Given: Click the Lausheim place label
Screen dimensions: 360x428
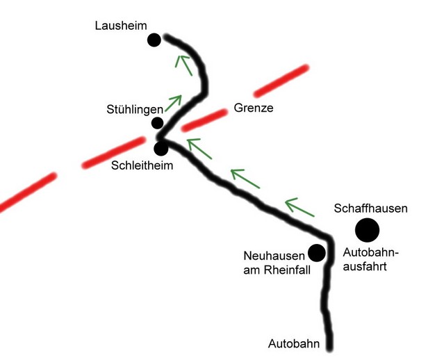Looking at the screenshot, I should tap(120, 26).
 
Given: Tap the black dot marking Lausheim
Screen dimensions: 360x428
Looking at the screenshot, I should tap(154, 40).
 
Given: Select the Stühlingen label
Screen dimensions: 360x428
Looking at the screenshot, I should tap(133, 109).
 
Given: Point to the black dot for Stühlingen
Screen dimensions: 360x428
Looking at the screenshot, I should tap(158, 123).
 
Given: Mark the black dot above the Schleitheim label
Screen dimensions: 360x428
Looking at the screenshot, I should tap(161, 148).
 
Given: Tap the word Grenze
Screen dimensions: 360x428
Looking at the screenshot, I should tap(254, 108).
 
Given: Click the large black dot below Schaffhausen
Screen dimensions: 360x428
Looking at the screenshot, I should tap(367, 229).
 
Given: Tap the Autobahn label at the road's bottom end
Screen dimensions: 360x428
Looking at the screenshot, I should tap(294, 343).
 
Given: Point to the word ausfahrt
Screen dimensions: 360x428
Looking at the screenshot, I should tap(366, 266).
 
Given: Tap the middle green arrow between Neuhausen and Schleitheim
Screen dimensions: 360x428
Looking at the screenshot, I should tap(246, 179).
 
